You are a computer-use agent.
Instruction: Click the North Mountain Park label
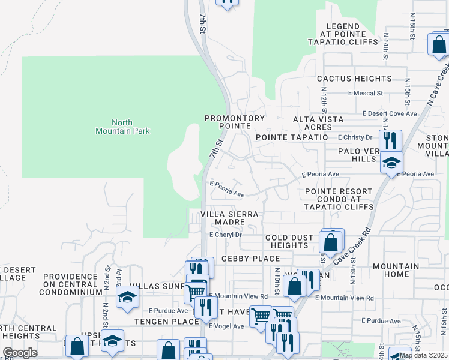click(122, 126)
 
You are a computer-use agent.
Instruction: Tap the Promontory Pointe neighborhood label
click(234, 122)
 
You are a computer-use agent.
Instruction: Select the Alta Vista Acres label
click(318, 123)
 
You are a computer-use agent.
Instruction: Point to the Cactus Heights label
click(354, 79)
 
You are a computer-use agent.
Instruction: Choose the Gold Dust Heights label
click(289, 241)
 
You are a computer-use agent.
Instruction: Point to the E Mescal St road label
click(365, 93)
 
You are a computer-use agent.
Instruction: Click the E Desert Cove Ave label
click(390, 113)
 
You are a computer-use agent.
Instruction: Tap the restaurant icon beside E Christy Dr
click(390, 140)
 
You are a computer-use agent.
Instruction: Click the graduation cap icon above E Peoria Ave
click(391, 162)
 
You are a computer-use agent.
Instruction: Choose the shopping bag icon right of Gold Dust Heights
click(330, 242)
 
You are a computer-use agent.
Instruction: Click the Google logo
click(20, 353)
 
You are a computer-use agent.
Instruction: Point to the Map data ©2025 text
click(423, 355)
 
